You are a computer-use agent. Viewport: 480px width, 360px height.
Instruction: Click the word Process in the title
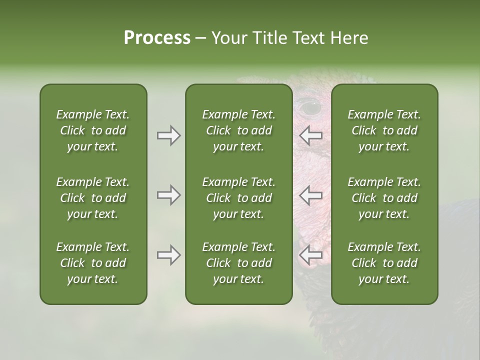(157, 38)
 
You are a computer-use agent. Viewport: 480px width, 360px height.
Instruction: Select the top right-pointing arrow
(169, 135)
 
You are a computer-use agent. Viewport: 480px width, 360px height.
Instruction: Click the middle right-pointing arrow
(169, 195)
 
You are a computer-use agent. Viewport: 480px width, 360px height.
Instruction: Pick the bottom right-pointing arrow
(169, 255)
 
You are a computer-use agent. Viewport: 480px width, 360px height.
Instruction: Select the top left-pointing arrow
(310, 135)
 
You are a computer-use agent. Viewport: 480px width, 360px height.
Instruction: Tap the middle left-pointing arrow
(310, 195)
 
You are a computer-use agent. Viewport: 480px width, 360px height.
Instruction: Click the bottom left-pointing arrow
(310, 255)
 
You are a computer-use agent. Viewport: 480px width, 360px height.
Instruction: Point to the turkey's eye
(310, 106)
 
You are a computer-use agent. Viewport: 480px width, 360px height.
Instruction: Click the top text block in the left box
(93, 130)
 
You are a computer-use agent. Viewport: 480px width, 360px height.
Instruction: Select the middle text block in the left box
(93, 198)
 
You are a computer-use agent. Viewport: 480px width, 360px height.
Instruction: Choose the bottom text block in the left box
(93, 263)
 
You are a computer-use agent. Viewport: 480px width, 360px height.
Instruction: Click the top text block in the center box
(239, 130)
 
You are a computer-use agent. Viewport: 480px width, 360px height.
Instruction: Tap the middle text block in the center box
(239, 198)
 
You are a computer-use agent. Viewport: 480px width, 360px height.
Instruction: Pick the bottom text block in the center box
(239, 263)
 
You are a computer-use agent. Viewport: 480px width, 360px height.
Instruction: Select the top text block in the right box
(384, 130)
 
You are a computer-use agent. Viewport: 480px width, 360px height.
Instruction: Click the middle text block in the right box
(384, 198)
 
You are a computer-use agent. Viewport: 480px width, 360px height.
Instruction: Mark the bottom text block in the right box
(384, 263)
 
